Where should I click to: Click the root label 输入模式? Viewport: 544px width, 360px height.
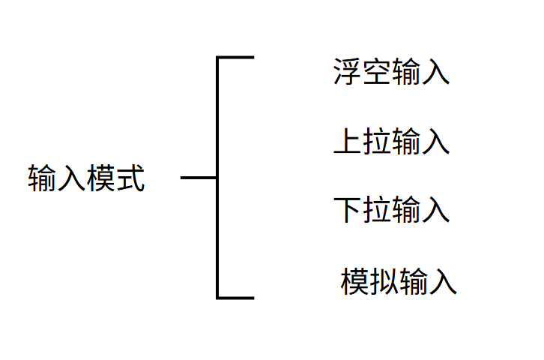point(87,178)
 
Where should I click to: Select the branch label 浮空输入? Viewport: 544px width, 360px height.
point(391,73)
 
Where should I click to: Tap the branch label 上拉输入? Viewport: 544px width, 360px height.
point(391,142)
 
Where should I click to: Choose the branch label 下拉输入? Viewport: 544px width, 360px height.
point(391,210)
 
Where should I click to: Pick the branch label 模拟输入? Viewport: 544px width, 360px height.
point(399,281)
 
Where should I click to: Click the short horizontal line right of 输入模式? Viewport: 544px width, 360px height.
point(199,178)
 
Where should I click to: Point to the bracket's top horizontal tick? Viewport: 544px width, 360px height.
point(236,57)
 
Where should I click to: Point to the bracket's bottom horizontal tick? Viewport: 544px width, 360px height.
point(236,298)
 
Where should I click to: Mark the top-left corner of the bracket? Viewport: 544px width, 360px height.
point(218,58)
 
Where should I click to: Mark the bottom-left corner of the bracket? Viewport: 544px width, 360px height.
point(218,297)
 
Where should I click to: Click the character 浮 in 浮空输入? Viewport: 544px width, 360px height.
point(348,73)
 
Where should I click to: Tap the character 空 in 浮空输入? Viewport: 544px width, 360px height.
point(377,73)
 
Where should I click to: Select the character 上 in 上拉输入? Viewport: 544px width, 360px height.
point(348,142)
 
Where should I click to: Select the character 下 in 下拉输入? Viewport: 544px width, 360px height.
point(348,210)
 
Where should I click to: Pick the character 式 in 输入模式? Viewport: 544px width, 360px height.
point(130,178)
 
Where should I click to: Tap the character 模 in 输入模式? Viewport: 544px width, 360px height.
point(102,178)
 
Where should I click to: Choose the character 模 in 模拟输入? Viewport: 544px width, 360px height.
point(355,281)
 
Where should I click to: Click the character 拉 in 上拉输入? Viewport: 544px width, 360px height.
point(377,142)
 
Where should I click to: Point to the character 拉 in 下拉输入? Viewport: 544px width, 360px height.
point(377,210)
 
